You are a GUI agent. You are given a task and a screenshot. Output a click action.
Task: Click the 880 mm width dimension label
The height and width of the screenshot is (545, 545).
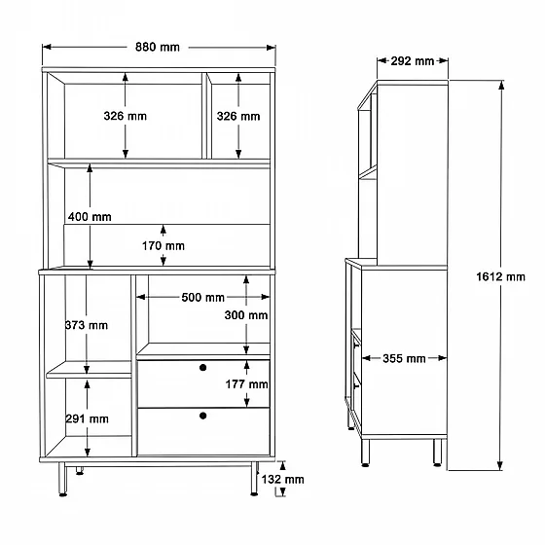[158, 47]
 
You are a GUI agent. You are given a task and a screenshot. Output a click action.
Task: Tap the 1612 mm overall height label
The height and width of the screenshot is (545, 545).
[500, 276]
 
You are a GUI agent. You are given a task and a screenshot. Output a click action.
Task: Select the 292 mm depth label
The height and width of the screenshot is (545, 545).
[413, 61]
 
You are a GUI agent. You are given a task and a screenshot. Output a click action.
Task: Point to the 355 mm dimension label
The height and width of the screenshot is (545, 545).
[404, 358]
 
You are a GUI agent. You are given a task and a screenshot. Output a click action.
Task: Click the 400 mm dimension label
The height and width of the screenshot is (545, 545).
[90, 217]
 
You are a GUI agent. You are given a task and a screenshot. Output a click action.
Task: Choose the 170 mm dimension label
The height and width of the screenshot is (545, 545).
[163, 246]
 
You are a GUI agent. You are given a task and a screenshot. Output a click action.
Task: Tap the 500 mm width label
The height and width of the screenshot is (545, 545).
[203, 298]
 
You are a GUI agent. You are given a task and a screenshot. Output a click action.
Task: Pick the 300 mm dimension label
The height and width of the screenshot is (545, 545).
[246, 315]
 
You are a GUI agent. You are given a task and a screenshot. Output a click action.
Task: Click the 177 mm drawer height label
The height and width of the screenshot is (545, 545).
[247, 384]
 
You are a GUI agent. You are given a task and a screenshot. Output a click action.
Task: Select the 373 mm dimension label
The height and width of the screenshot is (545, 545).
[87, 325]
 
